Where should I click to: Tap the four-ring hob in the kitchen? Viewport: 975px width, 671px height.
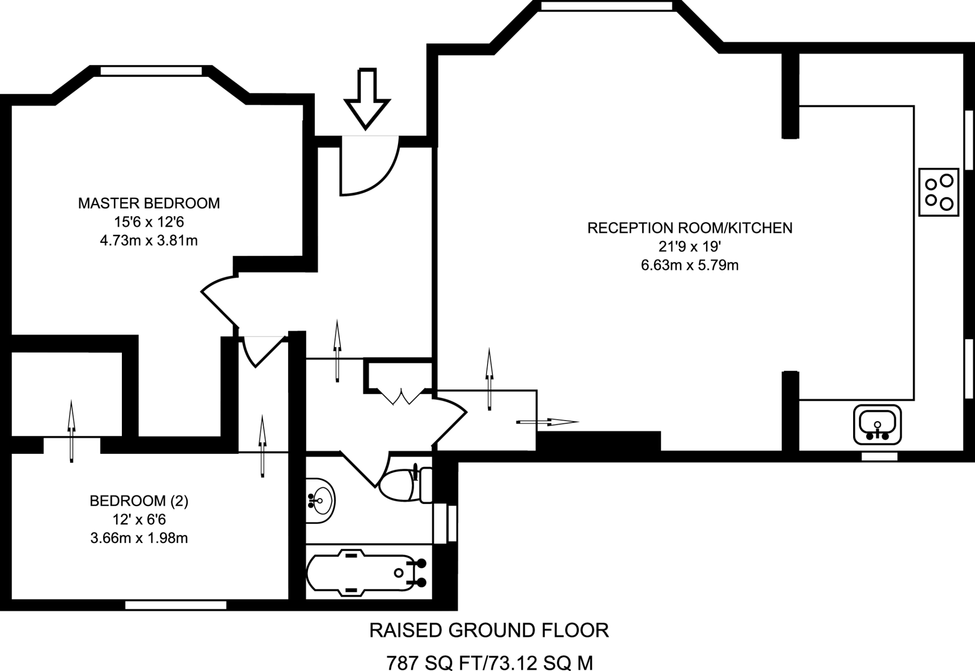(x=938, y=192)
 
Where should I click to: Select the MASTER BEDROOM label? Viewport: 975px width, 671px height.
(x=149, y=203)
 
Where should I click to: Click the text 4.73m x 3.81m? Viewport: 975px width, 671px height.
(x=149, y=240)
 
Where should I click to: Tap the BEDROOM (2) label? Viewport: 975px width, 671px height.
(x=139, y=501)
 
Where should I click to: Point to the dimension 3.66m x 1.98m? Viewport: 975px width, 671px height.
(x=139, y=538)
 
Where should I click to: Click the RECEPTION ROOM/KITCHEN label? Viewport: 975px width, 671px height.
(x=689, y=228)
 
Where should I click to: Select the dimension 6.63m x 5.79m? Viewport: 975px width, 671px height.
(x=689, y=265)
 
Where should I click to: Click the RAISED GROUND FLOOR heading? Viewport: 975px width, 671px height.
(x=489, y=631)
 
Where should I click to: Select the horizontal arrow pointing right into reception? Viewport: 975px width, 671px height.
(x=547, y=422)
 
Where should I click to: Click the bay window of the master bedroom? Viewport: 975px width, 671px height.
(x=151, y=71)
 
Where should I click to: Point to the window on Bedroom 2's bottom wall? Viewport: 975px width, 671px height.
(x=176, y=605)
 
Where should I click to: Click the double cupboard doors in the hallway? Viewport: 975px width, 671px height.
(x=401, y=397)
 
